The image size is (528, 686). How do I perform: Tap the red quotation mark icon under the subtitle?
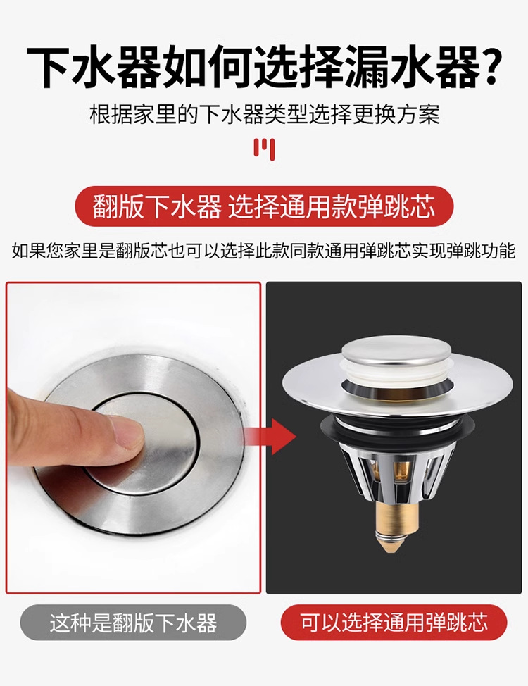(x=264, y=149)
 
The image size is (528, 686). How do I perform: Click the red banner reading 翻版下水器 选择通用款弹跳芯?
(x=264, y=206)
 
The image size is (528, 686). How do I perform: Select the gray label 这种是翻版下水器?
(x=133, y=623)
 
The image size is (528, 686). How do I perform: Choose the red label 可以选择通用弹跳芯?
(x=394, y=623)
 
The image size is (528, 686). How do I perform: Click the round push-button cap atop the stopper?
(x=396, y=354)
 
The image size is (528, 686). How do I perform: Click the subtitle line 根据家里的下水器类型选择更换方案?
(x=264, y=115)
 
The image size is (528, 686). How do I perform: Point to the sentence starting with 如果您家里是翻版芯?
(x=263, y=251)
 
